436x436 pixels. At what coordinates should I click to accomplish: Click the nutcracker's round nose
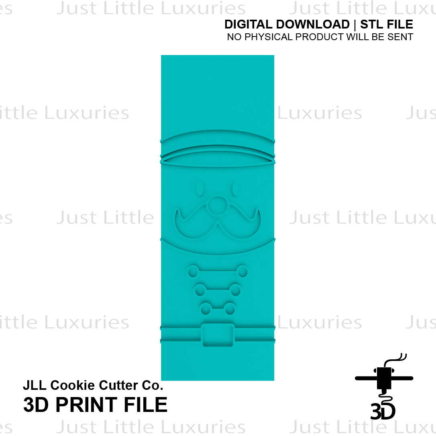[218, 206]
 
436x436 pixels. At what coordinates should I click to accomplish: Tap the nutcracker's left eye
[200, 189]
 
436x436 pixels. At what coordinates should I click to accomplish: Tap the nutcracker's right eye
[236, 189]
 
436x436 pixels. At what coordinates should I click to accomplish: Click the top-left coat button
[193, 271]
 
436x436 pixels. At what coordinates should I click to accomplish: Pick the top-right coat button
[242, 271]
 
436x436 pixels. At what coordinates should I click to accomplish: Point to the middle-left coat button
[200, 290]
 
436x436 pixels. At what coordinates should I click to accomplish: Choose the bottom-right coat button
[230, 308]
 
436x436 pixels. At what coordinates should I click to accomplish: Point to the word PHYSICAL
[268, 37]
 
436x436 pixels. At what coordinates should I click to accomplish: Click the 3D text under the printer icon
[383, 411]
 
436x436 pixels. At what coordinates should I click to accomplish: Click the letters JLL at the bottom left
[35, 385]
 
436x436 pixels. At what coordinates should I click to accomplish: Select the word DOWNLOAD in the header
[313, 24]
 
